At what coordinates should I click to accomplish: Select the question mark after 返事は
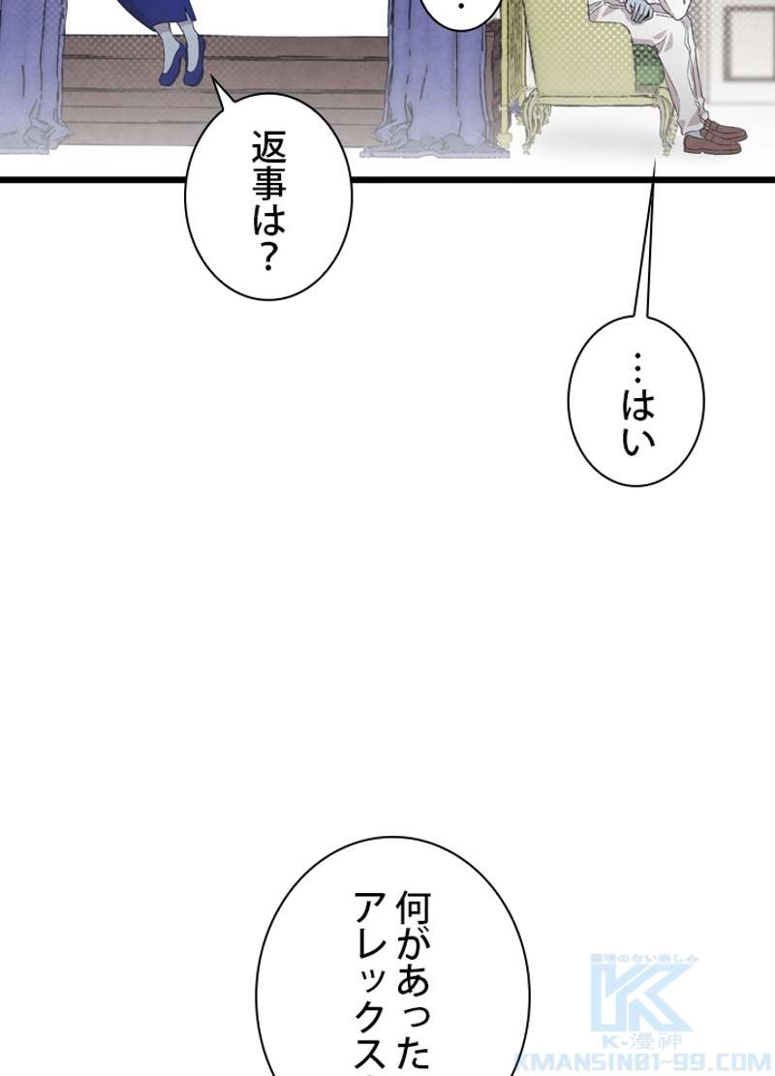[x=269, y=260]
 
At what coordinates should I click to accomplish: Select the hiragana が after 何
[x=412, y=951]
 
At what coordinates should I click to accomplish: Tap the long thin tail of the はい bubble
[x=647, y=242]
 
